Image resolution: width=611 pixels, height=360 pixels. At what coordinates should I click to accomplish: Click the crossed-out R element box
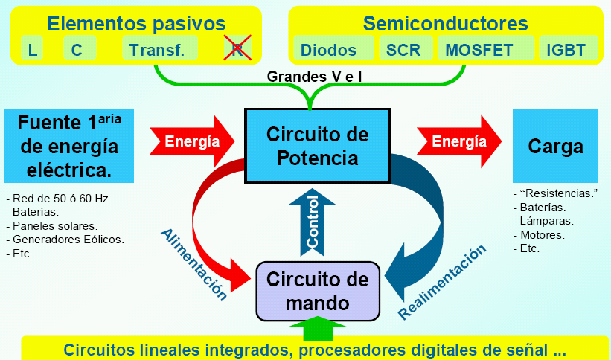click(x=238, y=49)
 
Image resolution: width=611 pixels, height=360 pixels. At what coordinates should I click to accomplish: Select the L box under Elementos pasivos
click(x=32, y=50)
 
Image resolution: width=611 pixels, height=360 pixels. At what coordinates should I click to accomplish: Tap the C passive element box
click(x=77, y=50)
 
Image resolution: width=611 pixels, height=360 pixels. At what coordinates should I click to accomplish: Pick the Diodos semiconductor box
click(x=328, y=50)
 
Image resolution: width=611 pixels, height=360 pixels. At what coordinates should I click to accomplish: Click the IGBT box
click(x=566, y=50)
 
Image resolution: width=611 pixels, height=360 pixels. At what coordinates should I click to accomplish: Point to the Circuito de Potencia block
click(x=317, y=146)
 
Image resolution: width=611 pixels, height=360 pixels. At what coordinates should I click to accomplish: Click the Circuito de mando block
click(x=318, y=291)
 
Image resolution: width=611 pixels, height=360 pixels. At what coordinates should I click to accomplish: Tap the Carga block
click(x=554, y=147)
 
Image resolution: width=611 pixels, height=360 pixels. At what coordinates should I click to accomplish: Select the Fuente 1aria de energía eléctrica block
click(x=68, y=146)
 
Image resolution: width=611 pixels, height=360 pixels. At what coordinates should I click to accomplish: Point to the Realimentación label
click(x=444, y=282)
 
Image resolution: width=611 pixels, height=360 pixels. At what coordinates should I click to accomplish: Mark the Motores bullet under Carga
click(x=543, y=234)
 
